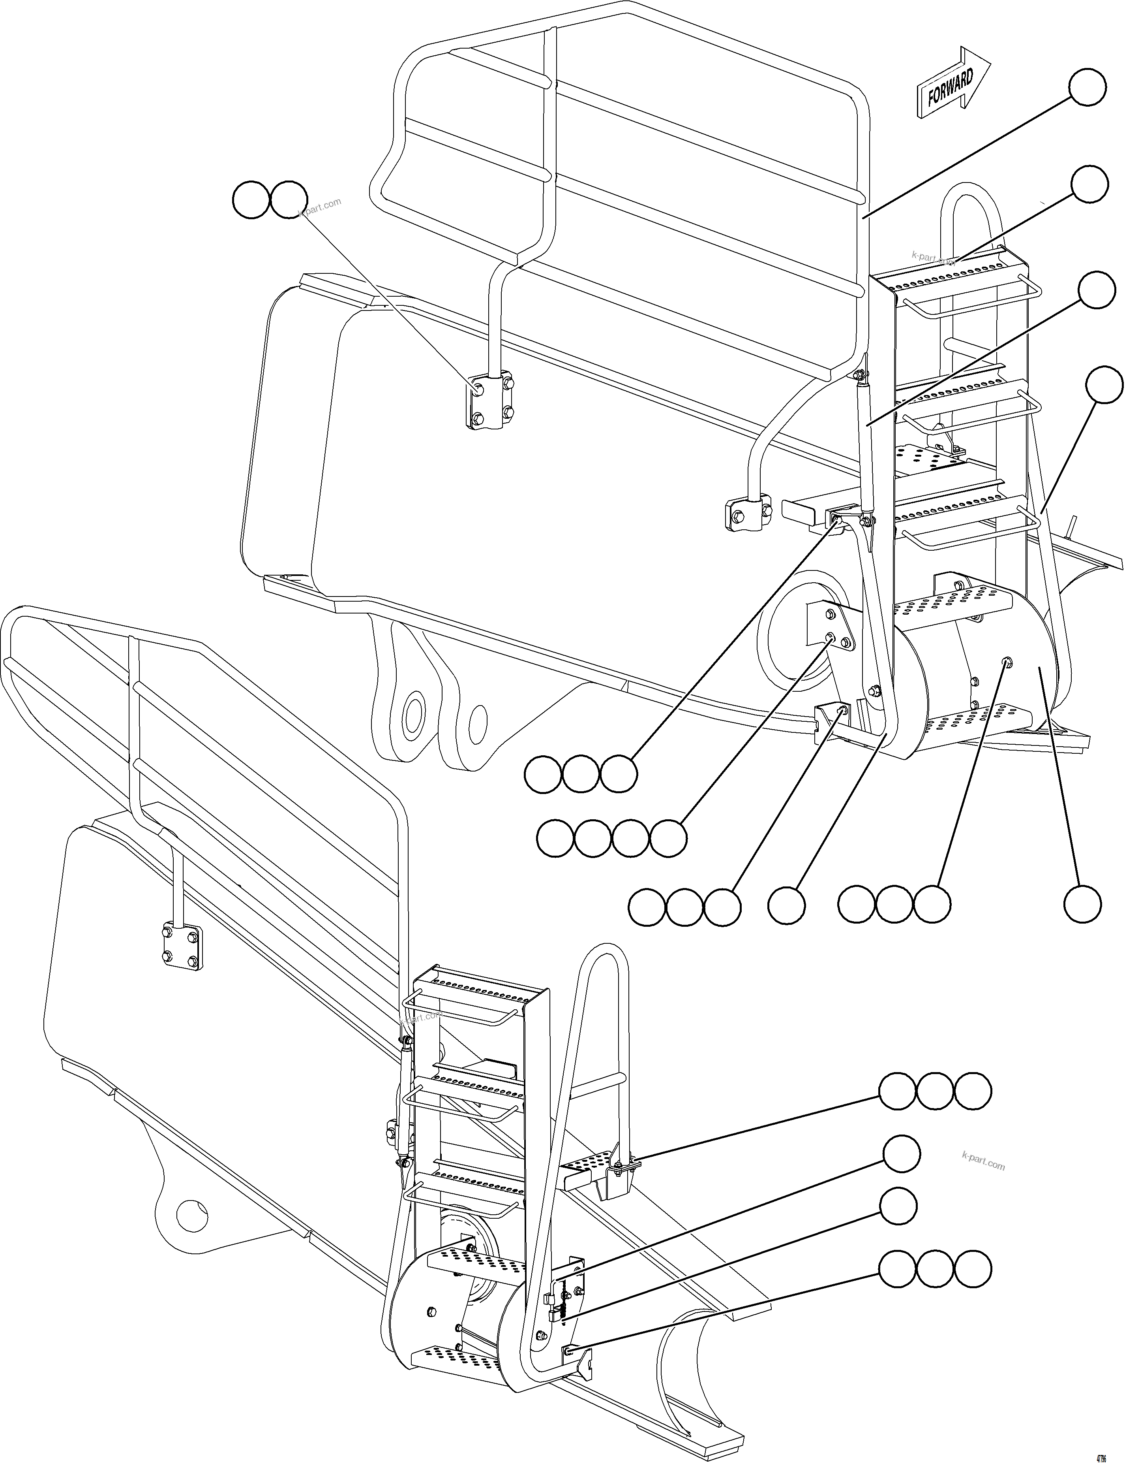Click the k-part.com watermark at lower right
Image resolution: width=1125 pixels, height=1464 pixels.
982,1161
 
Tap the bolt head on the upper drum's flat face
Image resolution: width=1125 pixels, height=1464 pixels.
1007,662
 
